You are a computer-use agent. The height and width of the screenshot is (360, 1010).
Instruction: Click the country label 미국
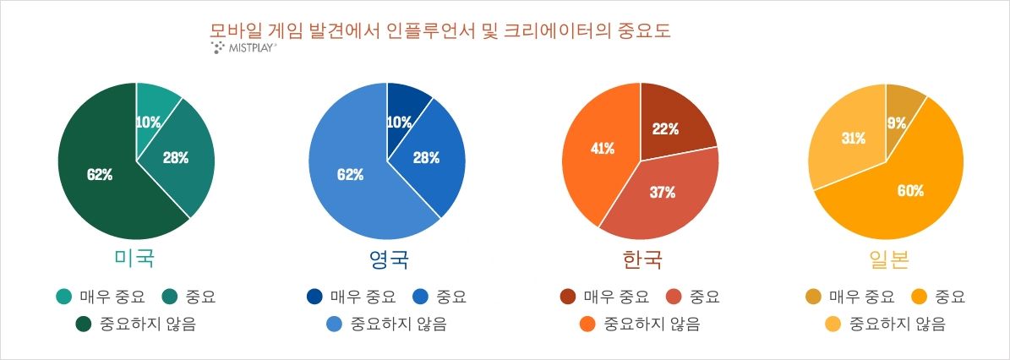click(x=134, y=259)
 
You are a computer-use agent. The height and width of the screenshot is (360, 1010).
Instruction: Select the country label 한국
click(x=640, y=259)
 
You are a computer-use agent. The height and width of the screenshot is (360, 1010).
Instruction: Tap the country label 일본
click(x=887, y=259)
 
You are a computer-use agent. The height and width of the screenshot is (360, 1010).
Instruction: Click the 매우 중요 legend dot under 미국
click(x=63, y=297)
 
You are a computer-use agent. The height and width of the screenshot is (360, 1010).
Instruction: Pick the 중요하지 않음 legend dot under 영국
click(x=335, y=324)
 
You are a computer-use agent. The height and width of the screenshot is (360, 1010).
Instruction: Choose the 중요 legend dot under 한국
click(x=674, y=297)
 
